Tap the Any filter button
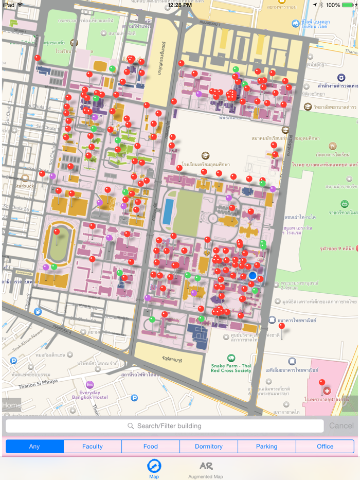tap(34, 447)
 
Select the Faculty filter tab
tap(93, 447)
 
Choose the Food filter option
tap(151, 447)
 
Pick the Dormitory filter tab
tap(209, 447)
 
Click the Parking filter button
tap(267, 447)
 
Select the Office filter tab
tap(325, 447)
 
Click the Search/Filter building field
tap(165, 426)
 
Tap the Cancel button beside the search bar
tap(341, 426)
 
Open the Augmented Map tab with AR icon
tap(206, 469)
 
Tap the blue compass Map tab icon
tap(154, 466)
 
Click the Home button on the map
tap(11, 405)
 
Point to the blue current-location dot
tap(253, 276)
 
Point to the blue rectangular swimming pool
tap(168, 211)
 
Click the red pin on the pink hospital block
tap(322, 383)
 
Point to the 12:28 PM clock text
tap(179, 5)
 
